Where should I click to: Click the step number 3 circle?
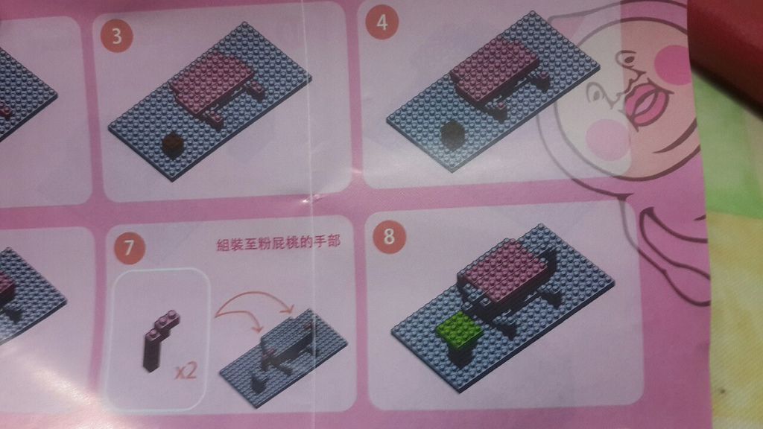point(117,36)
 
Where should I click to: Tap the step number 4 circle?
point(382,22)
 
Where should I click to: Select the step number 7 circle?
point(129,248)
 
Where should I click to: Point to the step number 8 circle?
point(389,237)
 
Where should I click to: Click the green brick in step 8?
point(459,331)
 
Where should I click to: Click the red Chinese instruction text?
point(278,242)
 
